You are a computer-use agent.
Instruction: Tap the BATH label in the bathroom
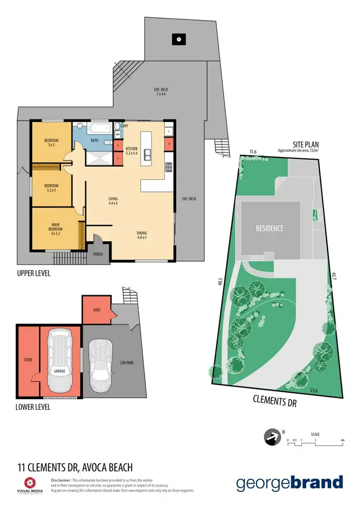coord(95,141)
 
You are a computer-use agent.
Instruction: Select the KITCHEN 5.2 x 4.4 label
coord(131,151)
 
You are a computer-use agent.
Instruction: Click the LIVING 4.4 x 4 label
coord(113,201)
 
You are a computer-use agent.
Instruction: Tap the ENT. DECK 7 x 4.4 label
coord(161,92)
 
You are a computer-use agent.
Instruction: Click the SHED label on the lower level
coord(96,310)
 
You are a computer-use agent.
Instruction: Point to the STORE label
coord(28,359)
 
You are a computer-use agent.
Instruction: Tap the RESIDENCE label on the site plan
coord(269,228)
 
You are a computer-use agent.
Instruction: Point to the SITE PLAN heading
coord(306,144)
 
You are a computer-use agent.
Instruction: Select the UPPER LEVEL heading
coord(34,273)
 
